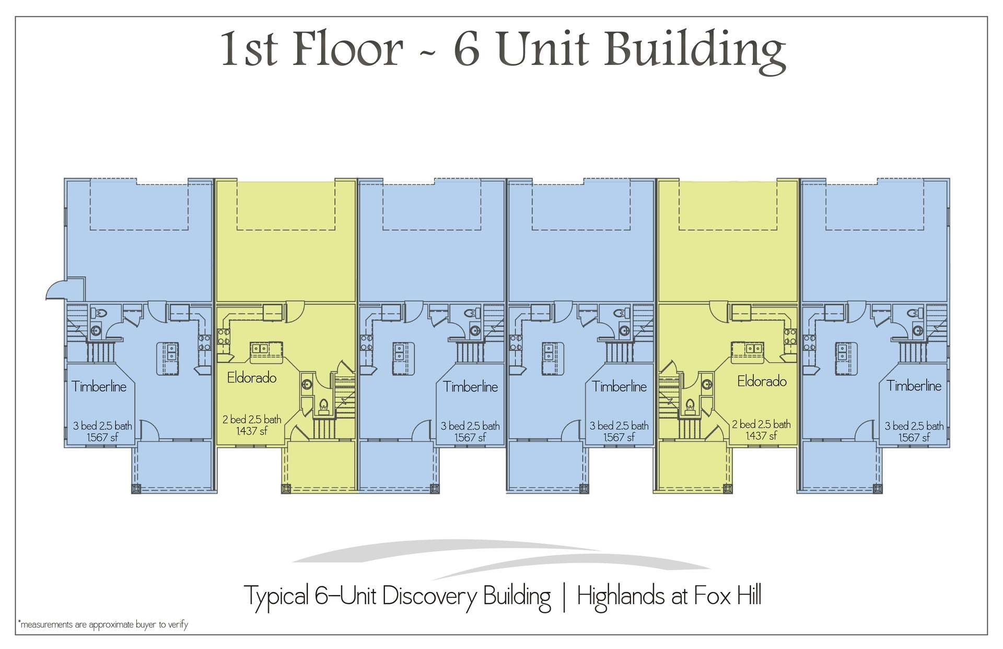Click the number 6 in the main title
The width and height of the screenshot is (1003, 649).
[466, 50]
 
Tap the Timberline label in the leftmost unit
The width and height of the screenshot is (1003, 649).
[99, 387]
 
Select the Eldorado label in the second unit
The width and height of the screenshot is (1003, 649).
[252, 378]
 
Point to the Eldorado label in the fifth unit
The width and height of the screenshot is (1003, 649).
[762, 381]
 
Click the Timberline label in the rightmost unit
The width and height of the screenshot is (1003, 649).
[914, 386]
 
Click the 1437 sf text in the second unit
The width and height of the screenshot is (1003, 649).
[252, 431]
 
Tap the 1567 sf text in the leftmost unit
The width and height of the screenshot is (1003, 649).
[102, 437]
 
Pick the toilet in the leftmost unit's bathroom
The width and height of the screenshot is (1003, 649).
[99, 313]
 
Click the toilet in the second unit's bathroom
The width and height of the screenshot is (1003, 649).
[323, 405]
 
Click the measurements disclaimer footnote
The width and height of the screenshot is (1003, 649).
[103, 624]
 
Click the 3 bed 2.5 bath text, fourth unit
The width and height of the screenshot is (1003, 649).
[619, 426]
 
